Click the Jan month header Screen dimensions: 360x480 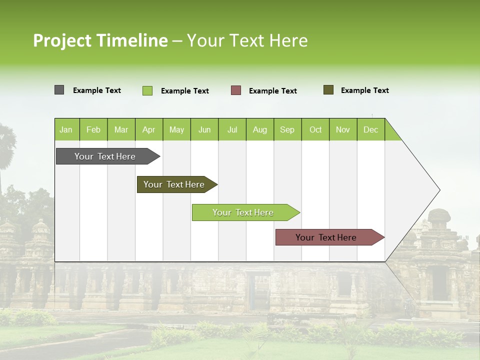[x=66, y=129]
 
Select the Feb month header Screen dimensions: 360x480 [x=93, y=129]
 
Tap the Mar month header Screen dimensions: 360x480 [x=121, y=129]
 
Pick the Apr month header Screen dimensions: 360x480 [x=149, y=129]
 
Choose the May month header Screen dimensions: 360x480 [x=176, y=129]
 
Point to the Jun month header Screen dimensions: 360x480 [x=204, y=129]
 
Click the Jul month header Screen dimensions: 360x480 [x=232, y=129]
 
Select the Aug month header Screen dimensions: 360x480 [x=260, y=129]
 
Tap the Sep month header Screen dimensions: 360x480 [x=287, y=129]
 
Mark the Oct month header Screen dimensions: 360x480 [x=315, y=129]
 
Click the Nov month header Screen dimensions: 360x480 [x=343, y=129]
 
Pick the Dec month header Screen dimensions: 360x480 [x=370, y=129]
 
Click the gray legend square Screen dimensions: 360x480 [x=59, y=90]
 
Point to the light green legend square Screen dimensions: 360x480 [x=147, y=90]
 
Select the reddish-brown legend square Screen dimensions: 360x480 [x=236, y=90]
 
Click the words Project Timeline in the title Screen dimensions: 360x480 [x=100, y=40]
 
